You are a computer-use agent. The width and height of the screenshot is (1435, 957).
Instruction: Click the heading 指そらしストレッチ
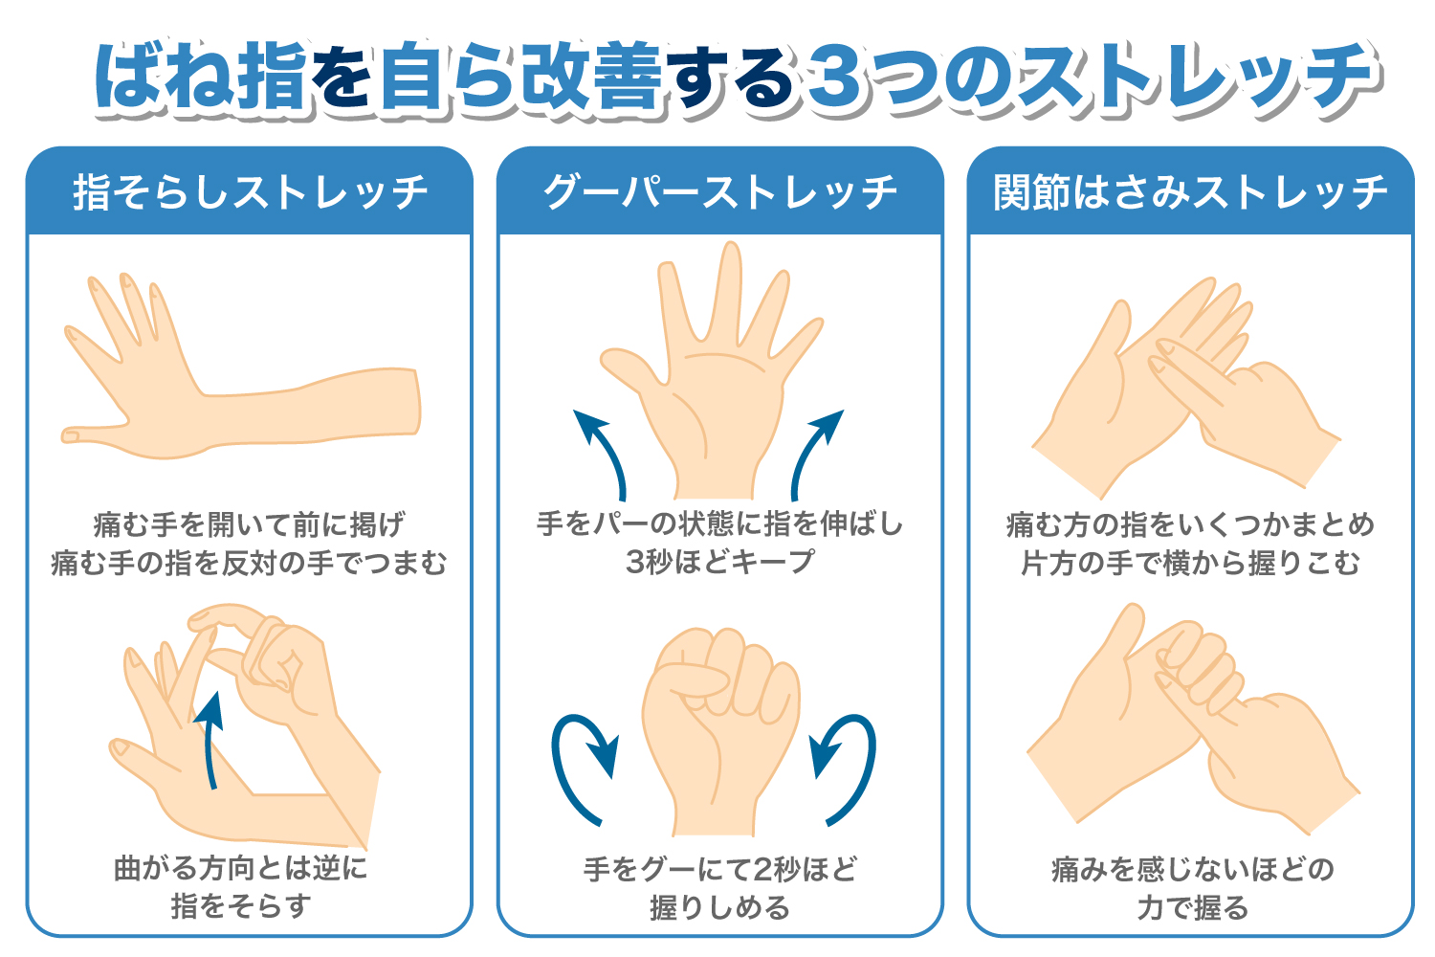[x=250, y=192]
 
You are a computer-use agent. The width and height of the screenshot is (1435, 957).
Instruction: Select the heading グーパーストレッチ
[x=719, y=192]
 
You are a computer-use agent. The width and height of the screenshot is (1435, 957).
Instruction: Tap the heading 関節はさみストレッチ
[x=1190, y=192]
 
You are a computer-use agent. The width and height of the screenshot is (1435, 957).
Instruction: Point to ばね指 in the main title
[x=201, y=77]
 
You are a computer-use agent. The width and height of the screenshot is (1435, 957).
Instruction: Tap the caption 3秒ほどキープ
[x=719, y=562]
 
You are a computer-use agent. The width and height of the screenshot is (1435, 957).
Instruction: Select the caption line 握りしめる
[x=719, y=906]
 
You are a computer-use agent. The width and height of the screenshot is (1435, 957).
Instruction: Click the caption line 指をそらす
[x=241, y=905]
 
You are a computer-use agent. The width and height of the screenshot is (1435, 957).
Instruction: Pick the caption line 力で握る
[x=1192, y=906]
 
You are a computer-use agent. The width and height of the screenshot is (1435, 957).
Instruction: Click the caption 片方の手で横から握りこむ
[x=1190, y=563]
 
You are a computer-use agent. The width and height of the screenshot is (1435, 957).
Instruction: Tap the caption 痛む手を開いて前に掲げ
[x=249, y=524]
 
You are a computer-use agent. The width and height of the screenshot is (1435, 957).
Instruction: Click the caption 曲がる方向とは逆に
[x=241, y=868]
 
